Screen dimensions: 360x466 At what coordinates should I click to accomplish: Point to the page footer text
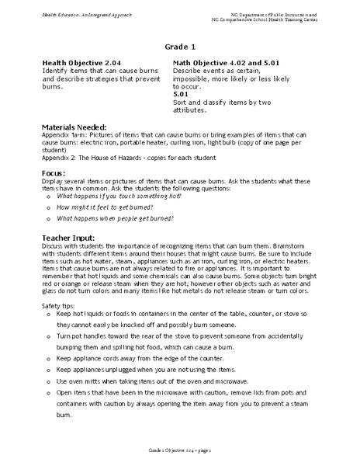[179, 450]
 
